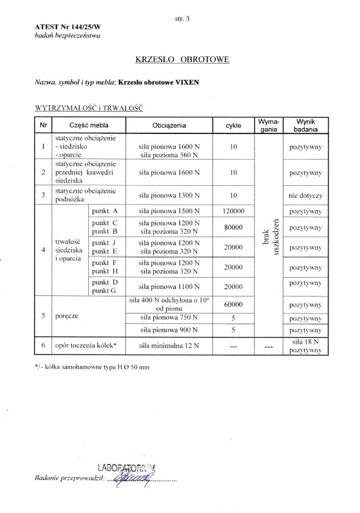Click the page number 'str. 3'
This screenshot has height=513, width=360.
click(x=183, y=19)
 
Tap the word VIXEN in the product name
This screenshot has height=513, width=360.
click(x=189, y=81)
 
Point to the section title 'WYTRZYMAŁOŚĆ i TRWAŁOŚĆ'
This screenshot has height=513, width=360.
click(x=88, y=108)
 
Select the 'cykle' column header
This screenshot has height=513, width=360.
click(x=233, y=124)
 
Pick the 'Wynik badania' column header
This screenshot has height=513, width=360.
click(x=305, y=125)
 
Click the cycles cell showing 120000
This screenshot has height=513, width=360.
click(x=233, y=211)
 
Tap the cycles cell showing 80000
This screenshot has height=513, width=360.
click(x=233, y=227)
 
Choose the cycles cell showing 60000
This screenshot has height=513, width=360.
click(x=233, y=305)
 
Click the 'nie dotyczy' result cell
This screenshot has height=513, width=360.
click(x=306, y=196)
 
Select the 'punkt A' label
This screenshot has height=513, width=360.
click(x=104, y=211)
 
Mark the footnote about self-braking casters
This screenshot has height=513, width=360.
click(x=92, y=368)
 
